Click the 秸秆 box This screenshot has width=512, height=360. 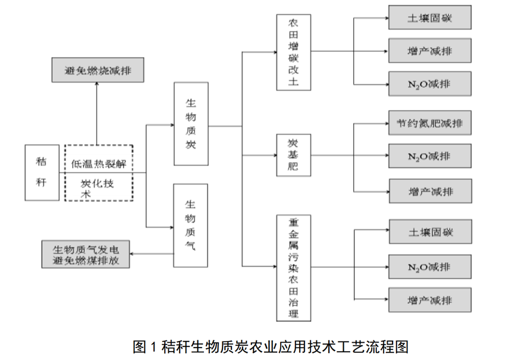click(x=42, y=172)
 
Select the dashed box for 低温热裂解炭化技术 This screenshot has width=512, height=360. click(x=98, y=173)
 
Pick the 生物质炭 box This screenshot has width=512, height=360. click(x=191, y=124)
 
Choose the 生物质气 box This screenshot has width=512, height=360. click(x=191, y=226)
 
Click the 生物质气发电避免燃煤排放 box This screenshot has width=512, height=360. click(x=86, y=254)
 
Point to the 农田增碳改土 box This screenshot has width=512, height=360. click(x=293, y=53)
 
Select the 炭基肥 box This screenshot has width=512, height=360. click(x=293, y=155)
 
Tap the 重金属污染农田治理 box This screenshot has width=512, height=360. click(x=293, y=268)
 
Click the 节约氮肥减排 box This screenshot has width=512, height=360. click(x=430, y=124)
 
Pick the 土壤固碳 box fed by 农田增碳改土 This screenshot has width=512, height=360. click(x=430, y=18)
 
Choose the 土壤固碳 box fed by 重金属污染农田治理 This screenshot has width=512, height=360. click(x=430, y=231)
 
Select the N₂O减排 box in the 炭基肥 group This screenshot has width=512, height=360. click(x=430, y=156)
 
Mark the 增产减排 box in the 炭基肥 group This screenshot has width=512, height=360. click(x=430, y=191)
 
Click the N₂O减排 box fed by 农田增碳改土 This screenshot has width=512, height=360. click(x=430, y=84)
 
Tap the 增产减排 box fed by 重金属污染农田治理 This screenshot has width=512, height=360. click(x=430, y=300)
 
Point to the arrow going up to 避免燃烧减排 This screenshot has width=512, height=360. click(x=97, y=113)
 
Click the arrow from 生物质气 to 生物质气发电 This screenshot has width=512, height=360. click(x=152, y=254)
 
